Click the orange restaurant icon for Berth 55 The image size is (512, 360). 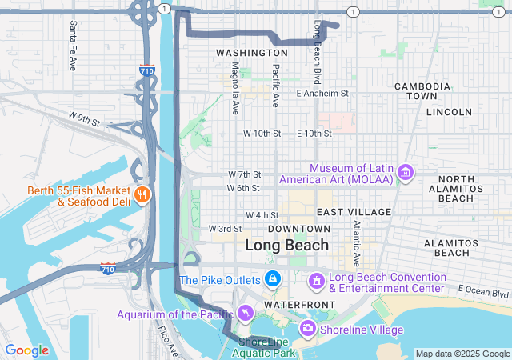[142, 194]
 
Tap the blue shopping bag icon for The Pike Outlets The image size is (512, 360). [273, 279]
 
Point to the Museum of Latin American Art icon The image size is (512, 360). [406, 173]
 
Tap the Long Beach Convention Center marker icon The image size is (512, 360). [316, 282]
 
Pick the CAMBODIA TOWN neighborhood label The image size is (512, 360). [422, 90]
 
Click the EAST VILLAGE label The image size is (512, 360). [354, 212]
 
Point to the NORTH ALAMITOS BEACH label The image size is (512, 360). [456, 188]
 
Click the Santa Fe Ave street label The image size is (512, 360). [73, 34]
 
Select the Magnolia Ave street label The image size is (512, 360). [235, 86]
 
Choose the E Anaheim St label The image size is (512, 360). [322, 94]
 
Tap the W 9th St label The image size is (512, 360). [83, 120]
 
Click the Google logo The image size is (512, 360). [27, 350]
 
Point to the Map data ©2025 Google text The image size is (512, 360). [462, 354]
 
